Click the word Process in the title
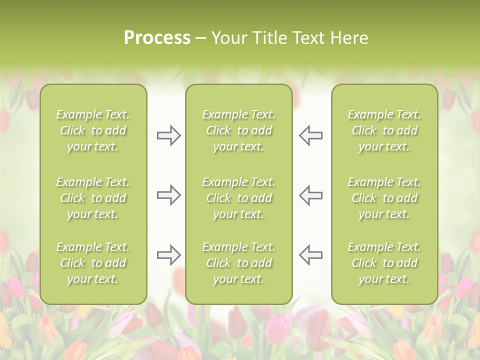click(157, 38)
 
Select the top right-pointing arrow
click(168, 135)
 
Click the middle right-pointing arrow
click(168, 195)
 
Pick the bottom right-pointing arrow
click(168, 255)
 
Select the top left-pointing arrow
click(310, 135)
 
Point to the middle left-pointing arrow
click(310, 195)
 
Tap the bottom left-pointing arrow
click(310, 255)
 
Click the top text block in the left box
click(93, 130)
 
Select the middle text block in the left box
click(93, 198)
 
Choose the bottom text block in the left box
click(93, 263)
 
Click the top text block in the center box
click(239, 130)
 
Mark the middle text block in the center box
click(239, 198)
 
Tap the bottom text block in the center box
click(239, 263)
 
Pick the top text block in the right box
click(384, 130)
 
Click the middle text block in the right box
click(384, 198)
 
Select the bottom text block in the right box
click(384, 263)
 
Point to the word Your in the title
click(229, 38)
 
